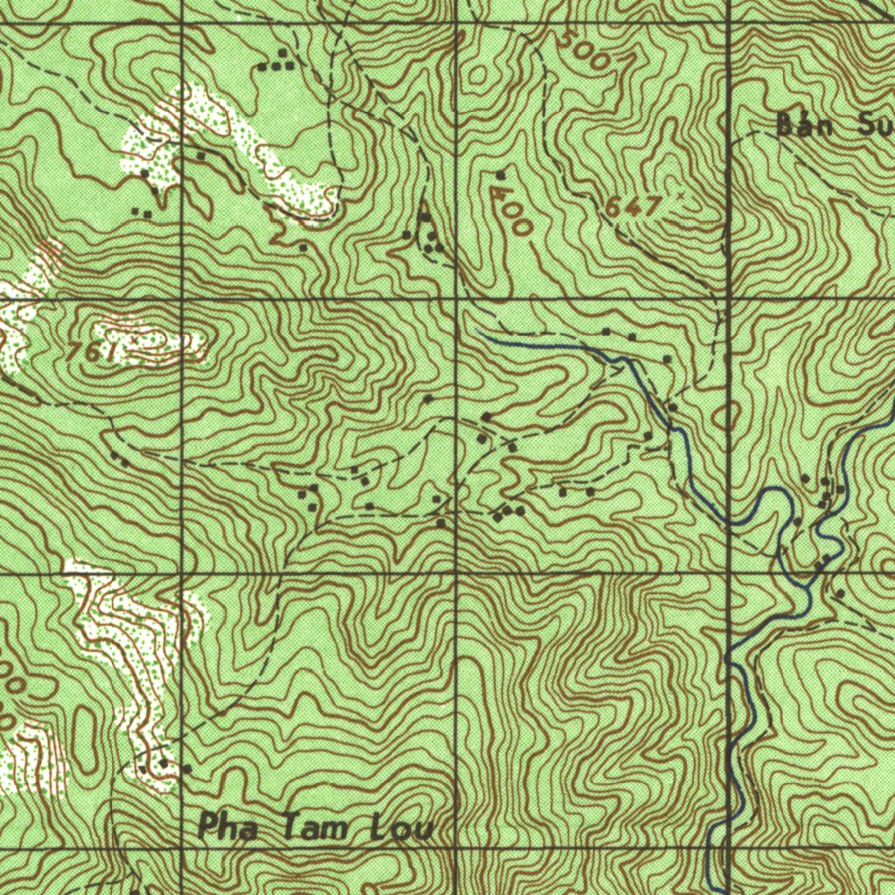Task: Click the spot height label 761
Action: tap(93, 351)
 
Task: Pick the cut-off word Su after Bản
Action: tap(874, 125)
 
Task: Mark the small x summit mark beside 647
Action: tap(680, 197)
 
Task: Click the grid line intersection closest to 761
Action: tap(181, 300)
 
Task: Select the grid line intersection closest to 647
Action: tap(728, 300)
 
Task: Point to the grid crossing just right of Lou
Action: tap(456, 846)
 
